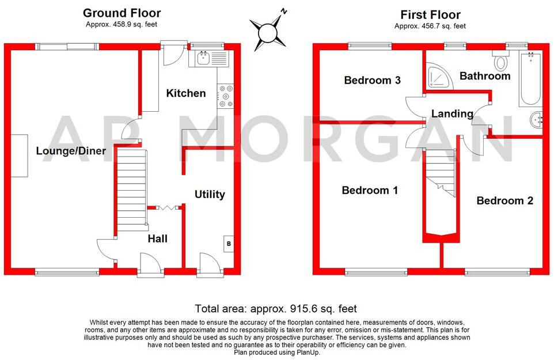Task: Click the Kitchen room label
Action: pos(186,93)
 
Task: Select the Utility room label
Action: pos(210,195)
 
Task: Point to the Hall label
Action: pos(157,238)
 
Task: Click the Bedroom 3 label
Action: pos(372,80)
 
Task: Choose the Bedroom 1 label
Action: pos(370,191)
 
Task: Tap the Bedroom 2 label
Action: pos(504,200)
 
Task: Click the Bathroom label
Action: pos(485,76)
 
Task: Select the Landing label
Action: pos(452,114)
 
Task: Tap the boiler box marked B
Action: pos(228,244)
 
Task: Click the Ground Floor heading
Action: pos(122,13)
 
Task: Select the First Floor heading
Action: pos(430,14)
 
